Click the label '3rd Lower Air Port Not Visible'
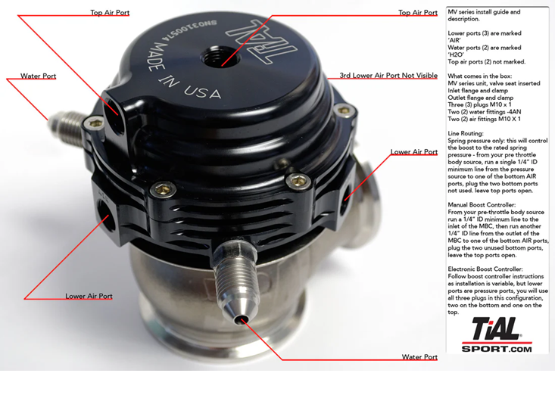click(388, 76)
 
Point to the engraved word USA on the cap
click(203, 92)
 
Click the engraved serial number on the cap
click(189, 30)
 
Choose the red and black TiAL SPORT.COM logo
click(497, 334)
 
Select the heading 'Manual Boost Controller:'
click(482, 205)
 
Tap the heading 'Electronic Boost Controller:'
click(485, 269)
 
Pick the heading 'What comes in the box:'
click(479, 76)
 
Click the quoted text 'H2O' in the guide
click(456, 54)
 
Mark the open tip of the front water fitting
click(242, 320)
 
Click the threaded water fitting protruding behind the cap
click(67, 125)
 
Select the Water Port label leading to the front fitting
click(419, 357)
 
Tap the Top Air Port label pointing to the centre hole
click(418, 13)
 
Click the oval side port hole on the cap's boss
click(114, 110)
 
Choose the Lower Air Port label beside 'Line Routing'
click(414, 152)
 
